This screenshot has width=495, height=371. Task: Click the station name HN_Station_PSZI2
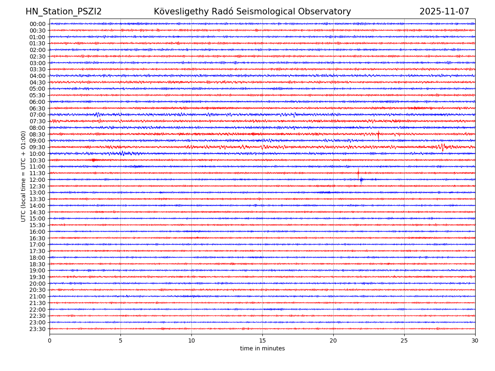[x=64, y=12]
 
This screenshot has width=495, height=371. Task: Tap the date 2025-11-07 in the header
[x=444, y=12]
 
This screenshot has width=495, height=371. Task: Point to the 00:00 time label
[x=38, y=24]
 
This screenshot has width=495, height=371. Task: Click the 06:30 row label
[x=38, y=108]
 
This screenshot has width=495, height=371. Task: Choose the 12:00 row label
[x=38, y=180]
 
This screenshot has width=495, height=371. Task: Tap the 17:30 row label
[x=38, y=251]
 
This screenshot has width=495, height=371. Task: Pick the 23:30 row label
[x=38, y=329]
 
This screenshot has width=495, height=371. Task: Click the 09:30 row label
[x=38, y=147]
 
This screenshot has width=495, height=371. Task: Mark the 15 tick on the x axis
[x=262, y=341]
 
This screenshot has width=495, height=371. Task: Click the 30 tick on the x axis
[x=475, y=341]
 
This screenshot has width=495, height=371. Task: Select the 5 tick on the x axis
[x=120, y=341]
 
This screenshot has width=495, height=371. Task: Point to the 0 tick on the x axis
[x=49, y=341]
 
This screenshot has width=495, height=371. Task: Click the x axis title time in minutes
[x=262, y=349]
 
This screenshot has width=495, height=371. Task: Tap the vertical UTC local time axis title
[x=24, y=176]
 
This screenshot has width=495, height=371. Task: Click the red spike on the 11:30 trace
[x=358, y=173]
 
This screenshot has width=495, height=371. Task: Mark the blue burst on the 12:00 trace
[x=361, y=180]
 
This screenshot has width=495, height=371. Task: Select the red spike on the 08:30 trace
[x=378, y=134]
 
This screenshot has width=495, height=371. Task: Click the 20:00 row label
[x=38, y=284]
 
